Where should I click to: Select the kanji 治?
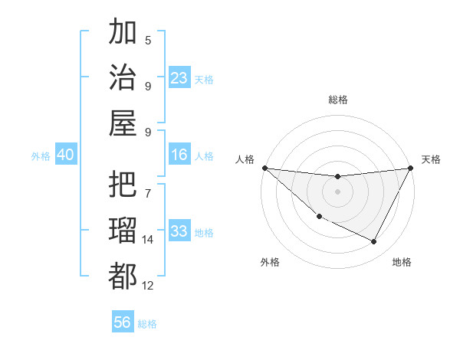coord(123,78)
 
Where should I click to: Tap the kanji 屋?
coord(123,123)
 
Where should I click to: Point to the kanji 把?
coord(123,186)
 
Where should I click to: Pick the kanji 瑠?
coord(123,231)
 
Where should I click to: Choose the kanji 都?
coord(123,276)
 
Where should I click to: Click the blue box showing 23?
coord(179,78)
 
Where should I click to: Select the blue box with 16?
coord(179,155)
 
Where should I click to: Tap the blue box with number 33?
coord(179,231)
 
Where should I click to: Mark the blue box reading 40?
coord(65,155)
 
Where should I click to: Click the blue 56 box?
coord(123,322)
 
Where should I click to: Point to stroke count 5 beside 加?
coord(148,40)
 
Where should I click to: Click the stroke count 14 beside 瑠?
coord(148,240)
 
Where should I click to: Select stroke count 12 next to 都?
coord(148,286)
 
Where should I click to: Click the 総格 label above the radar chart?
coord(337,100)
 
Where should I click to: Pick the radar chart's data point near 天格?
coord(411,169)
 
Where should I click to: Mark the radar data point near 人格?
coord(264,168)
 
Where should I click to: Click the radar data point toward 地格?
coord(374,242)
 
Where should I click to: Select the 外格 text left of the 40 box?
coord(41,155)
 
